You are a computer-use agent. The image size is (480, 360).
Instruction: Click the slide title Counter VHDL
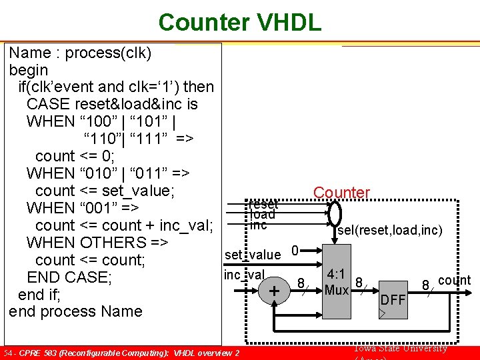pyautogui.click(x=240, y=22)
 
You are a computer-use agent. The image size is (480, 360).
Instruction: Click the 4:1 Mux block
pyautogui.click(x=336, y=282)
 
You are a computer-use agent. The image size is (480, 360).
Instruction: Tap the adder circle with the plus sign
pyautogui.click(x=273, y=291)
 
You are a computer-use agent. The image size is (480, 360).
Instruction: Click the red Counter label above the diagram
pyautogui.click(x=341, y=193)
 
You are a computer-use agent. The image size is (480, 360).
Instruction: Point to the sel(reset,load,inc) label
pyautogui.click(x=390, y=231)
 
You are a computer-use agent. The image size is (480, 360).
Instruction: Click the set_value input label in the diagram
pyautogui.click(x=253, y=255)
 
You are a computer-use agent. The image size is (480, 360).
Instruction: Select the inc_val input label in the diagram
pyautogui.click(x=245, y=275)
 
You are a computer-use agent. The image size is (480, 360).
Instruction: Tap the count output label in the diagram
pyautogui.click(x=455, y=280)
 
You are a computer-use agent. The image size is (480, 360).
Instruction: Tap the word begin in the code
pyautogui.click(x=29, y=69)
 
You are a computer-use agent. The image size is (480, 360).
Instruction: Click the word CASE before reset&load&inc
pyautogui.click(x=49, y=104)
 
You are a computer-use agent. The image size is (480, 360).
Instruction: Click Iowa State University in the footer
pyautogui.click(x=399, y=348)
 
